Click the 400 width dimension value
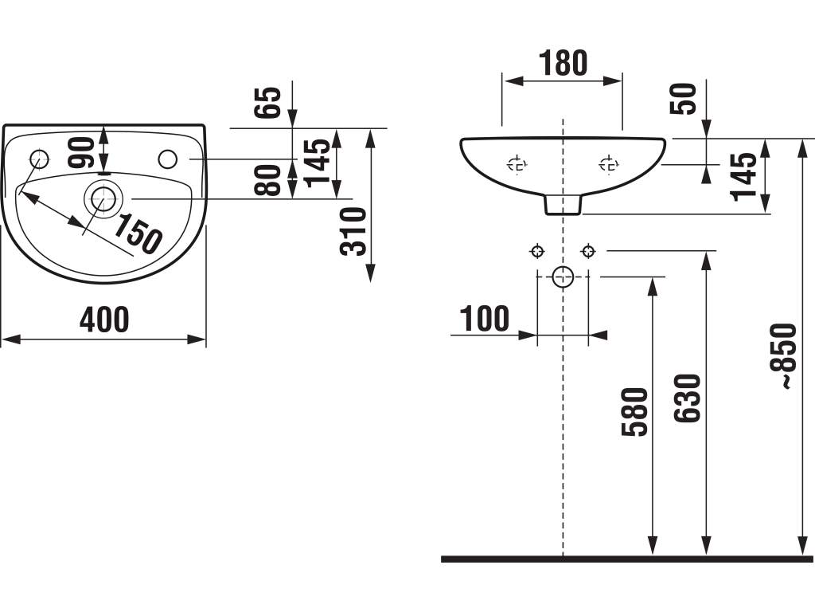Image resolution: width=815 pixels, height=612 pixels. (104, 320)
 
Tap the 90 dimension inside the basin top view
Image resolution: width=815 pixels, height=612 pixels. (81, 151)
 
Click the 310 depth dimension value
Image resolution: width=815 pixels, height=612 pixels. (353, 230)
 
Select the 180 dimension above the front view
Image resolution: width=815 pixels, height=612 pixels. (563, 63)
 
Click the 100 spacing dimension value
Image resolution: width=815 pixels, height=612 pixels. (485, 319)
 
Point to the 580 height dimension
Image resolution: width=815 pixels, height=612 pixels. (635, 411)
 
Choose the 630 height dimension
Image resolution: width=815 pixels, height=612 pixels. (687, 398)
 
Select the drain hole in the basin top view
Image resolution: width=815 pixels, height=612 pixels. (102, 199)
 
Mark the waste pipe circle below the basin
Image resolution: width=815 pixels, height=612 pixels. (563, 277)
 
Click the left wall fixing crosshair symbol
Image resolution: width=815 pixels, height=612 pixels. (537, 252)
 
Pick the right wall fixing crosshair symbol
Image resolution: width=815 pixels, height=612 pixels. (588, 252)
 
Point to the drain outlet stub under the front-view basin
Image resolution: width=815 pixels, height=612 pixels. (563, 206)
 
